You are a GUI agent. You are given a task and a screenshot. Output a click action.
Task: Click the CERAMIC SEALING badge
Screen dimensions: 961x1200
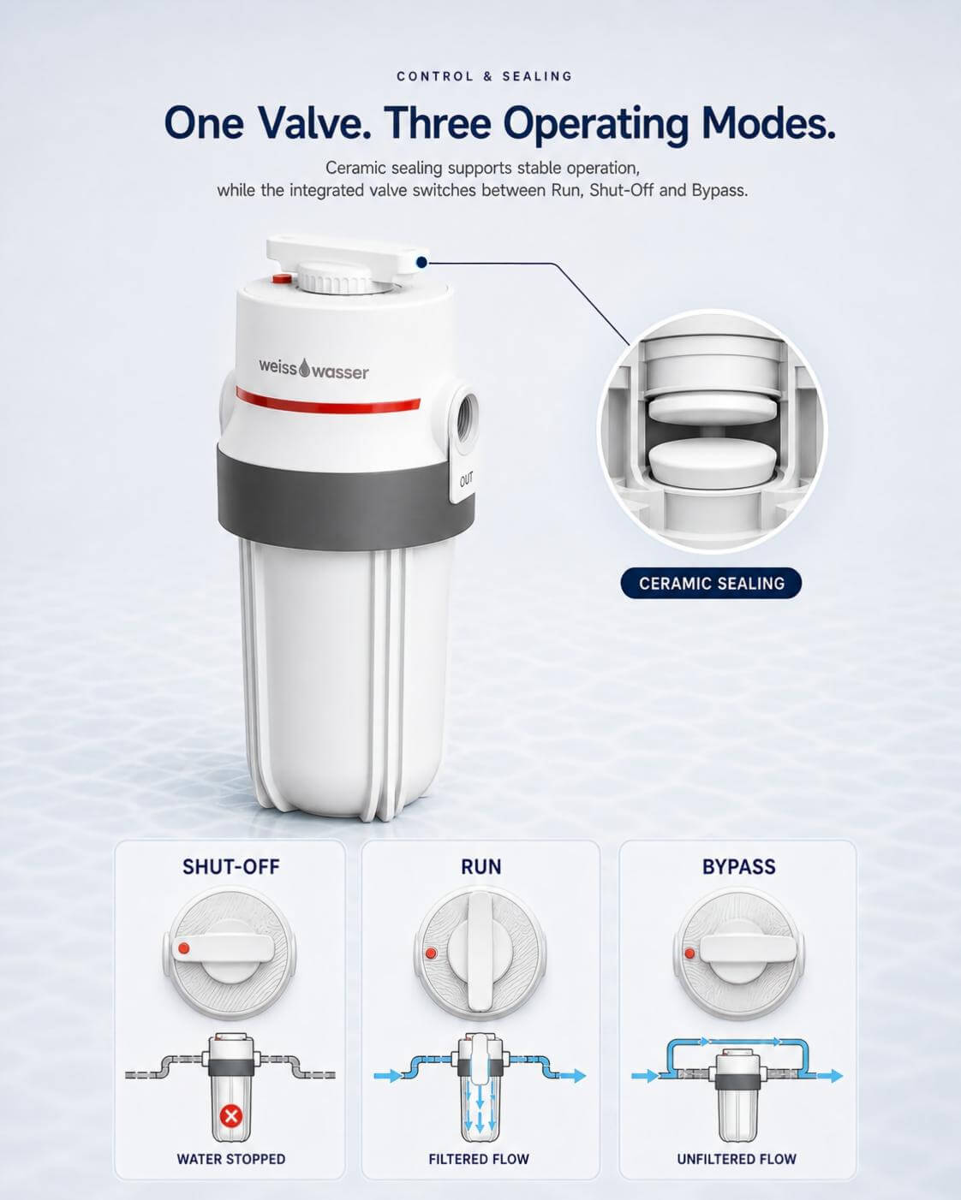711,583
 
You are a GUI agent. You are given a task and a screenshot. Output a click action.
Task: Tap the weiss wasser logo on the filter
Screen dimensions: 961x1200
313,369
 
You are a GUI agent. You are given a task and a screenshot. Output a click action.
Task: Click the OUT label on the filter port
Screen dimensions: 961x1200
466,479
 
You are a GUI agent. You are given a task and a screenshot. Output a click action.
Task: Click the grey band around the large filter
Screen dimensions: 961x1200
345,496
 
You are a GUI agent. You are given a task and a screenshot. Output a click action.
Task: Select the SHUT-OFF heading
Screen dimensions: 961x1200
231,867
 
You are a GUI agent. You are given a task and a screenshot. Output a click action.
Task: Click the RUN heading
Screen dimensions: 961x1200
481,867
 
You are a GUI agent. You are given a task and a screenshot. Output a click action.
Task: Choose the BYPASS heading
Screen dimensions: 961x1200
739,867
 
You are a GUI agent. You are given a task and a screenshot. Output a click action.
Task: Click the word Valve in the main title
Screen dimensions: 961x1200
315,122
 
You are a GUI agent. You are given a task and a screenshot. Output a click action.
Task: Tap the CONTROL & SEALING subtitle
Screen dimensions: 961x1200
485,76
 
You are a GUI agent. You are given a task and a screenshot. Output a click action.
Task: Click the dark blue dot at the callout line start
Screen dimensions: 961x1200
422,262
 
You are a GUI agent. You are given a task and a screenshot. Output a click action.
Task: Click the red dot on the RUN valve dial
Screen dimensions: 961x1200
430,953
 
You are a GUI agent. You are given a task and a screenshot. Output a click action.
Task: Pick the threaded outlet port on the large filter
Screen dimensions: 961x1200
465,416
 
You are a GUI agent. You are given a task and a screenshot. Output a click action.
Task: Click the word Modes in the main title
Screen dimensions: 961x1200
768,122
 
